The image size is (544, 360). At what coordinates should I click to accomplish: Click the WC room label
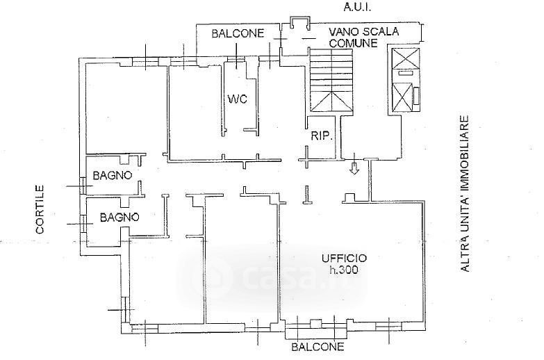238,99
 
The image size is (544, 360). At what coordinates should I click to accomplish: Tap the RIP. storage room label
322,136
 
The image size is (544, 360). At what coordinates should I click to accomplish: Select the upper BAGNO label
113,175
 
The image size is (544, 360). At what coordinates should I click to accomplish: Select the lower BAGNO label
119,218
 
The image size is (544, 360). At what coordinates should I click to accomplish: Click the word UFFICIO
344,259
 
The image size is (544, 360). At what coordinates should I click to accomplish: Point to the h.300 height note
344,270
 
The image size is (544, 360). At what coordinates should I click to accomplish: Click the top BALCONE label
238,33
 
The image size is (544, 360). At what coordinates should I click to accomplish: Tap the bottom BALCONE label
318,347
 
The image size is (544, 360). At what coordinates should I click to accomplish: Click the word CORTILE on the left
40,209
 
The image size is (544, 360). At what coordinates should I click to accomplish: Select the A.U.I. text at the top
357,7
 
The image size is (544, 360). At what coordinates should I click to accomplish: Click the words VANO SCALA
364,32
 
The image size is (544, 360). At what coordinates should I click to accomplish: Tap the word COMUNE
353,43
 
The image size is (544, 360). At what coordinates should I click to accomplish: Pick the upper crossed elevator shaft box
406,58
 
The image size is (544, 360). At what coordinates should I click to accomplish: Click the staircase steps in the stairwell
331,80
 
